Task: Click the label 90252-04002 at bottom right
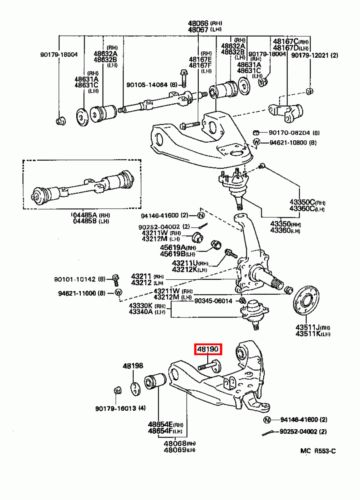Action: click(308, 431)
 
